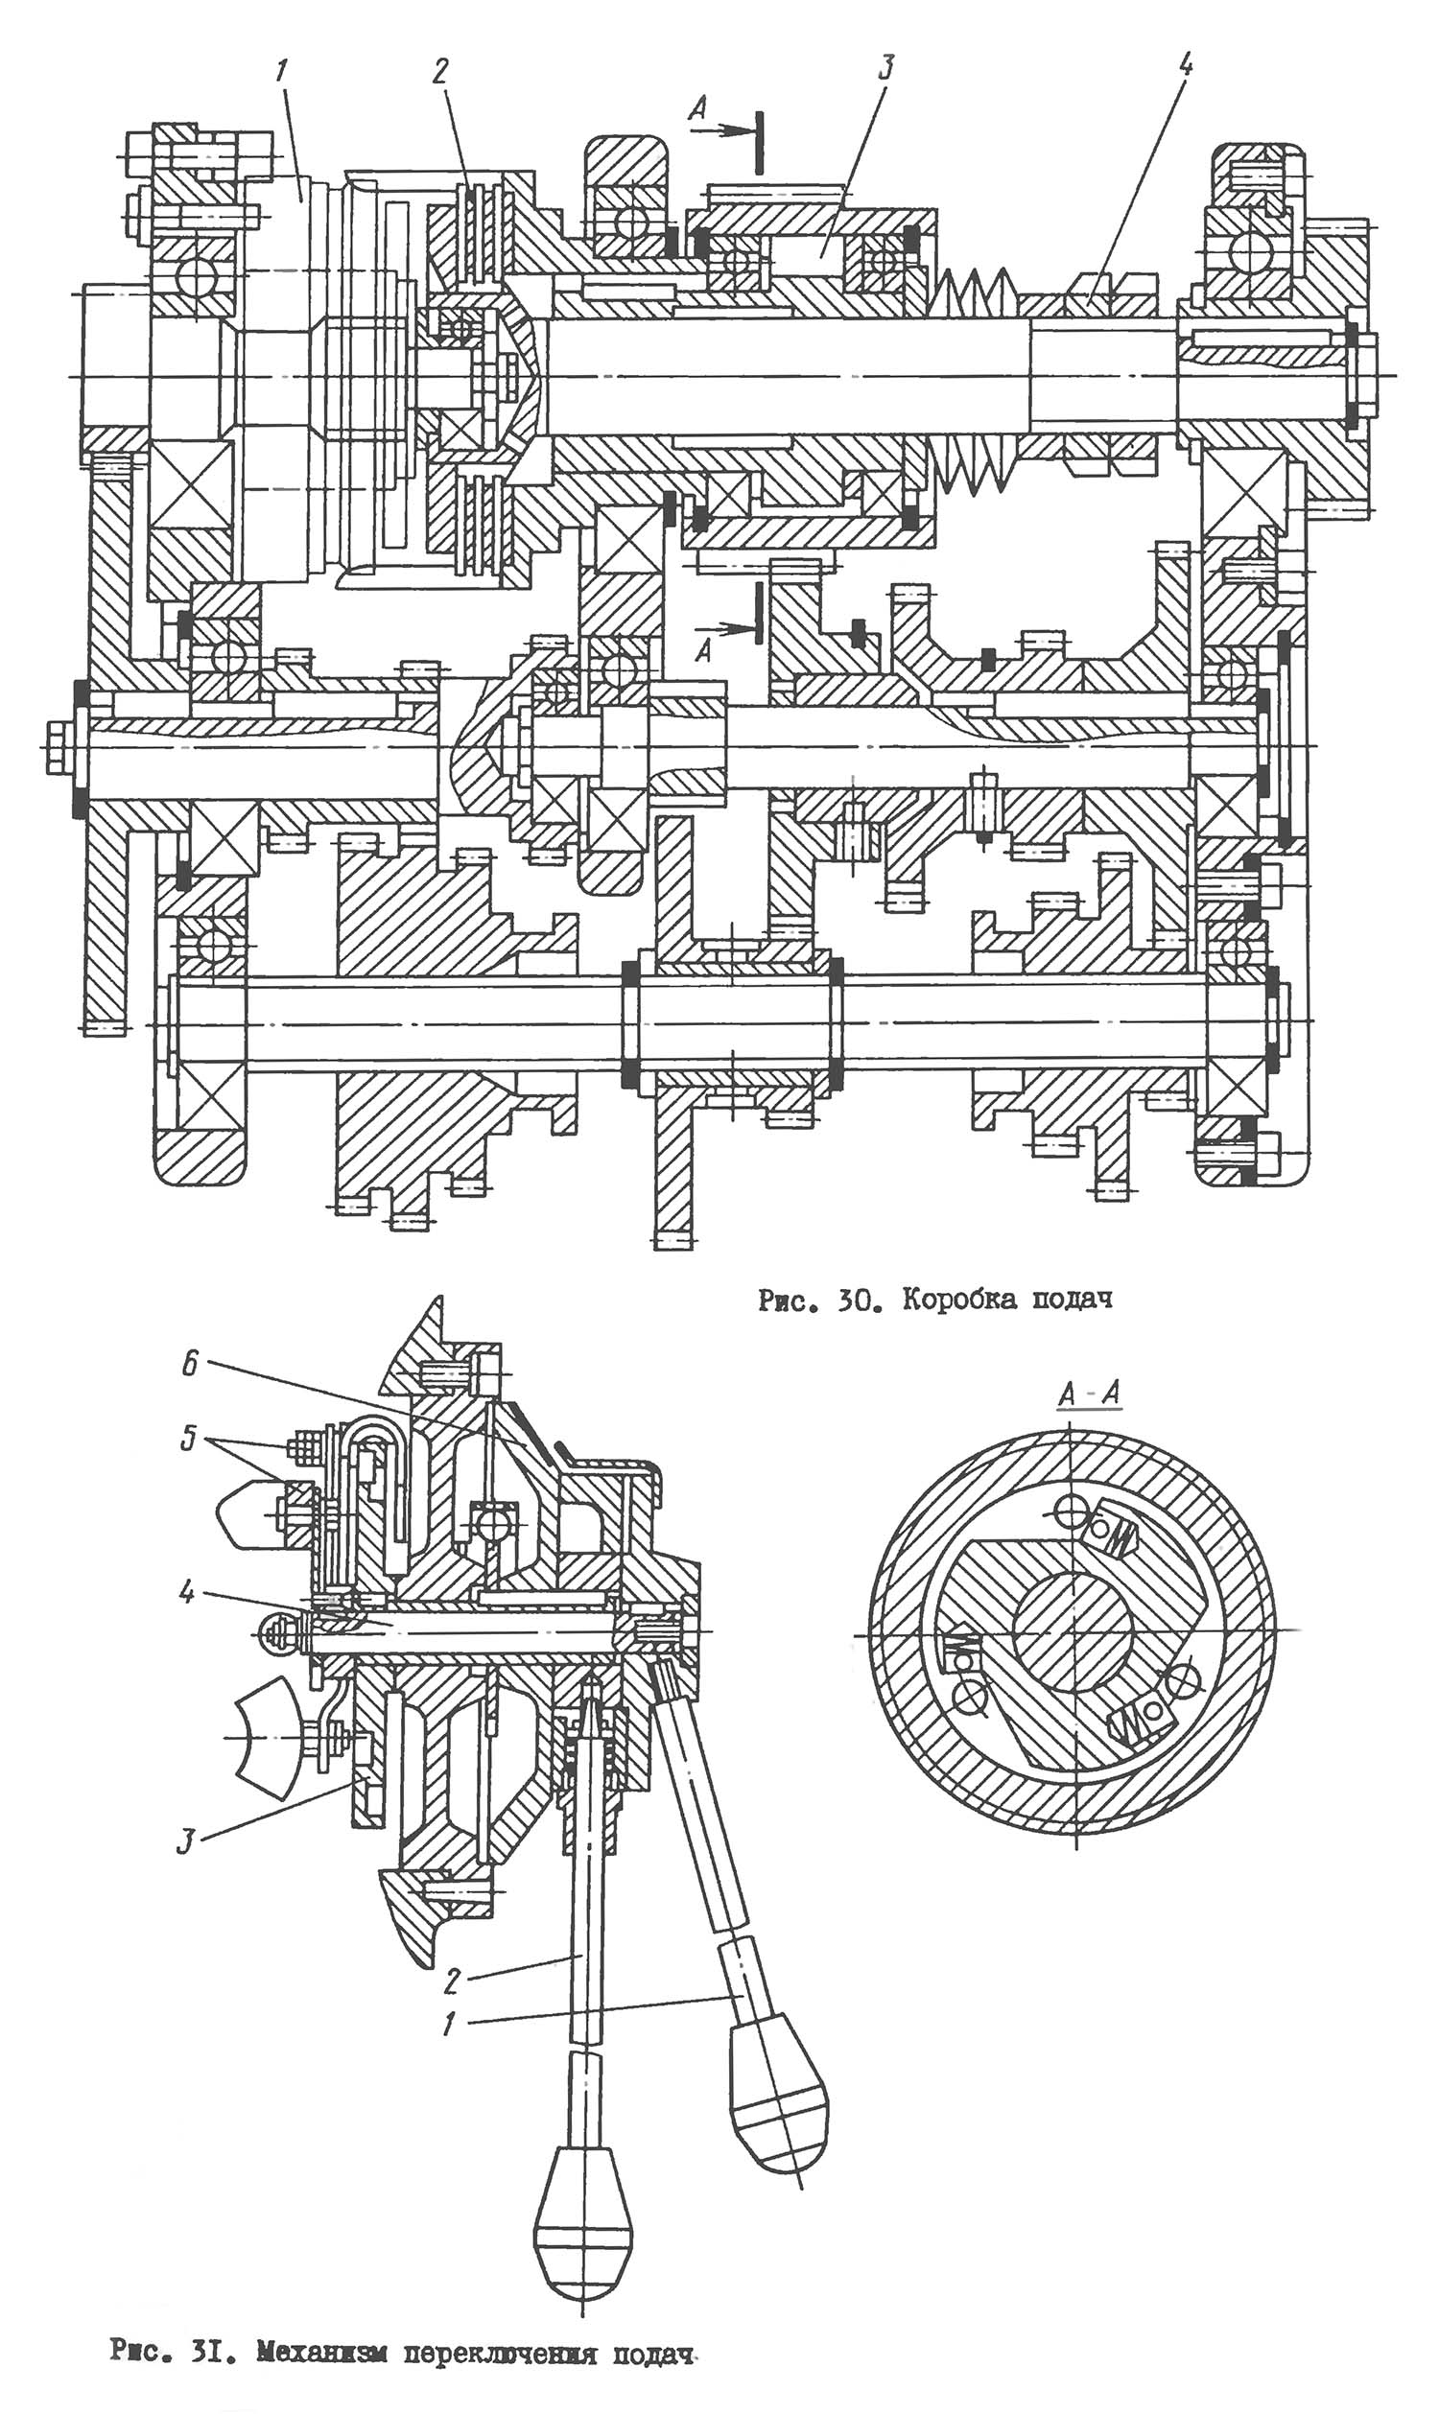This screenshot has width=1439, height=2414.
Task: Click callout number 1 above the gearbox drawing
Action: (283, 73)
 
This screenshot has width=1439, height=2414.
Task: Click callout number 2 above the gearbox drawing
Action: (440, 72)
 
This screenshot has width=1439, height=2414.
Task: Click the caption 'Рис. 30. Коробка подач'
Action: (934, 1301)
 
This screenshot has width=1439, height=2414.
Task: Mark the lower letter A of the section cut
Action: (703, 651)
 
